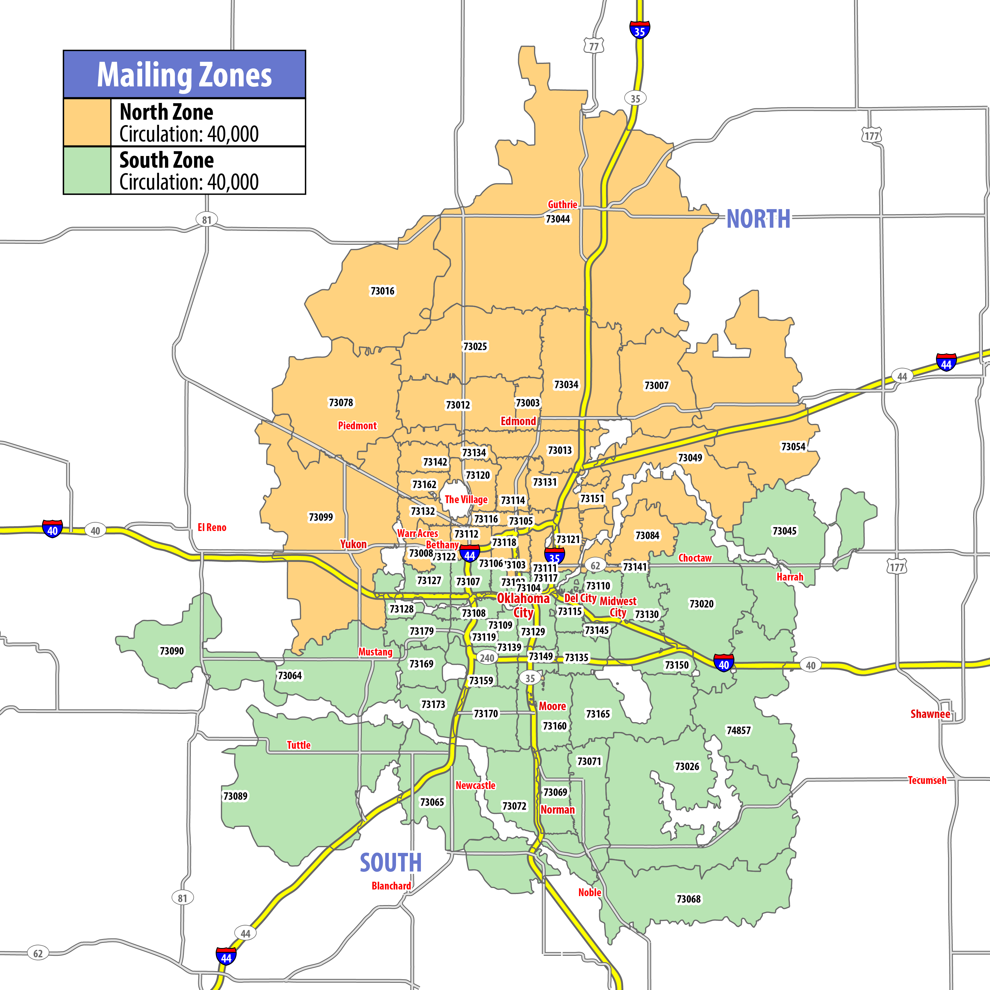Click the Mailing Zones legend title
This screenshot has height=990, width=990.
click(184, 75)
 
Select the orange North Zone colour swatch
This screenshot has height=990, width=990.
click(87, 122)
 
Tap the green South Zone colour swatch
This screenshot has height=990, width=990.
click(87, 170)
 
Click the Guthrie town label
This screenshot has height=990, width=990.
click(562, 205)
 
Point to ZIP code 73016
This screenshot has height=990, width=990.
click(382, 291)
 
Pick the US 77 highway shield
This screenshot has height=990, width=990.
click(594, 46)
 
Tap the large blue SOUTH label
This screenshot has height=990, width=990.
click(391, 863)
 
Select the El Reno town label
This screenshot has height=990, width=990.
click(211, 527)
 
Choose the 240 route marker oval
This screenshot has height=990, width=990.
click(487, 658)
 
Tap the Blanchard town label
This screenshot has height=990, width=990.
click(391, 886)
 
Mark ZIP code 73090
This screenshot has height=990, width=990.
click(172, 651)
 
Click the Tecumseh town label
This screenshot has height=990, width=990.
click(927, 780)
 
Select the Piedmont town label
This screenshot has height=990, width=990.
click(357, 425)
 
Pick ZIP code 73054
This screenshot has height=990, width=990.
click(793, 447)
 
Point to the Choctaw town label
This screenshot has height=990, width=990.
click(695, 558)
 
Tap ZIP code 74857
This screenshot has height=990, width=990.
click(738, 730)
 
